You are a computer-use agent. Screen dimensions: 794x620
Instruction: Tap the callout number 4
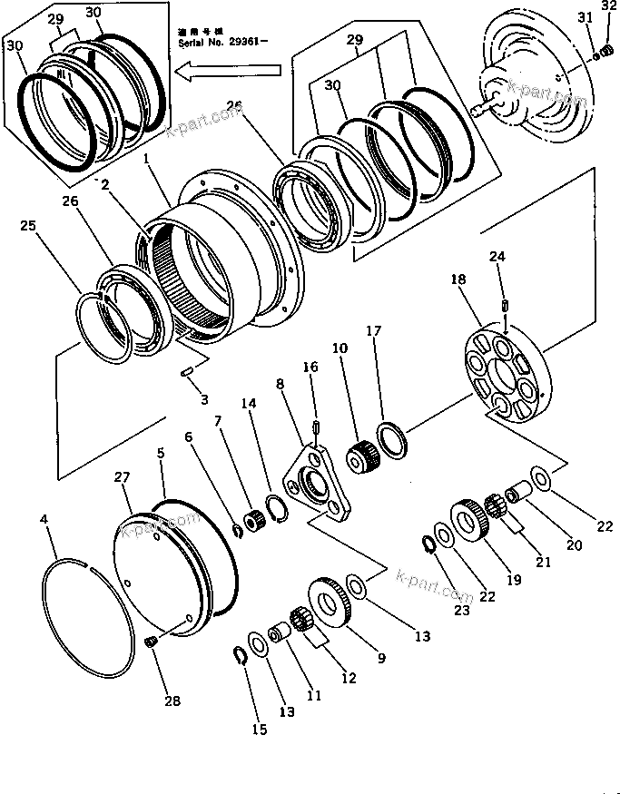pyautogui.click(x=44, y=521)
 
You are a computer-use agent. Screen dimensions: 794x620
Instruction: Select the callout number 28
pyautogui.click(x=172, y=701)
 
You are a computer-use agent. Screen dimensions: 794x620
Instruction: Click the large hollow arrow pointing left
pyautogui.click(x=231, y=68)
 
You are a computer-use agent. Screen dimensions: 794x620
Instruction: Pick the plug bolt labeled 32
pyautogui.click(x=608, y=49)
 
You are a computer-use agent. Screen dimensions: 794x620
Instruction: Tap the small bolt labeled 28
pyautogui.click(x=152, y=642)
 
